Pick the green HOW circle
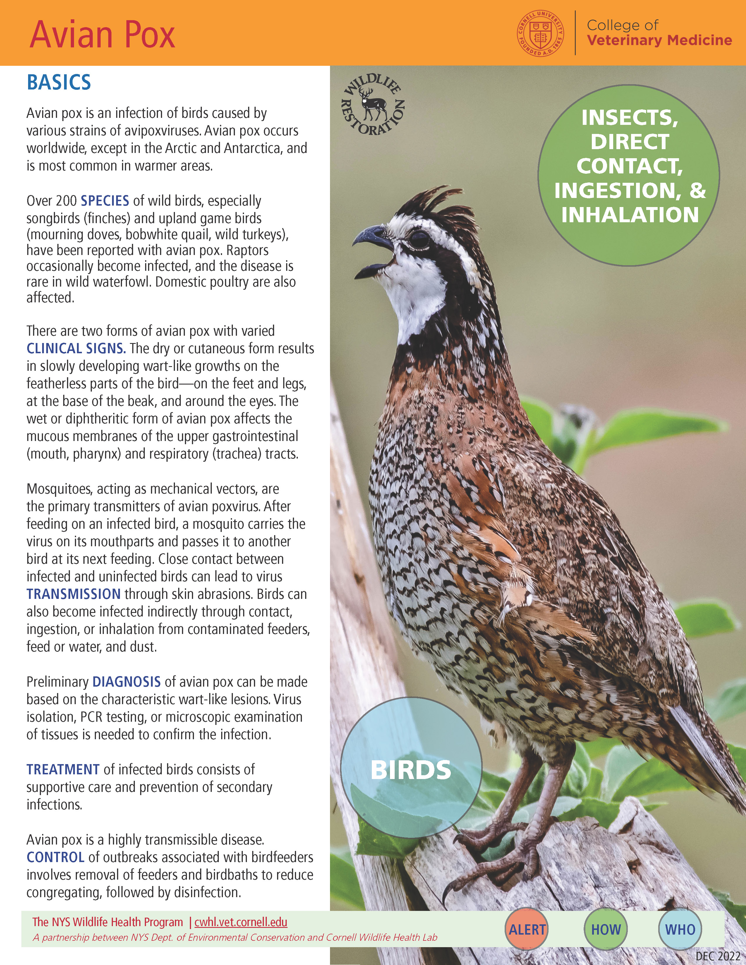606,930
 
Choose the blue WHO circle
680,930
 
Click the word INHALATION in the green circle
630,215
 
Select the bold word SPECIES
105,201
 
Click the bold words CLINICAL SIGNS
76,349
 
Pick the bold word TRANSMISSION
73,594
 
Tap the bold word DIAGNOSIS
126,682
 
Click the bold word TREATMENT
63,770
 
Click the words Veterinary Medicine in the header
659,41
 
